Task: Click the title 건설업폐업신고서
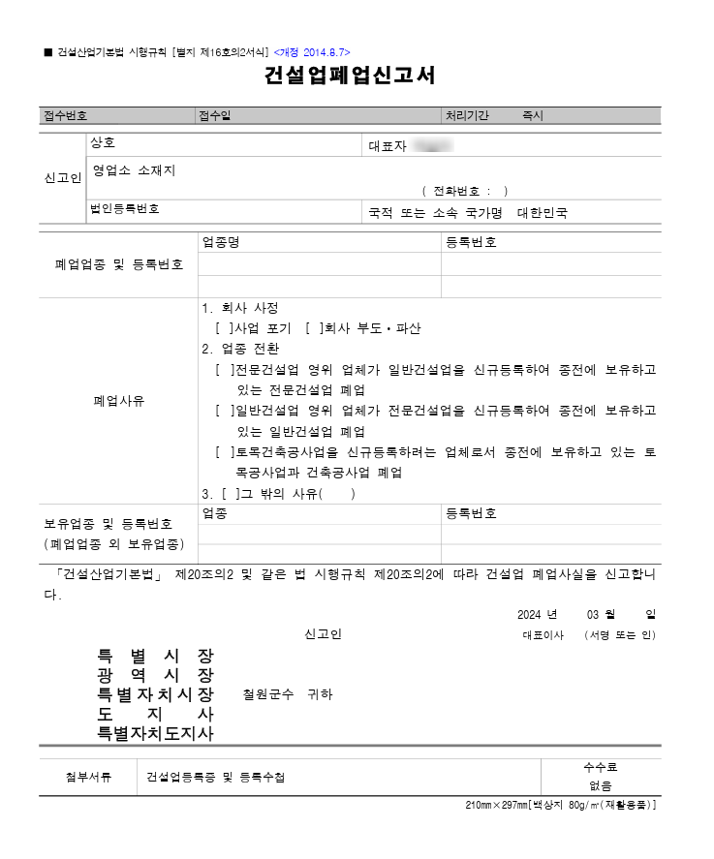pyautogui.click(x=349, y=77)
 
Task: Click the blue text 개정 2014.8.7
pyautogui.click(x=312, y=51)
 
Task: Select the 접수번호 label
pyautogui.click(x=64, y=115)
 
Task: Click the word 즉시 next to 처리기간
pyautogui.click(x=533, y=115)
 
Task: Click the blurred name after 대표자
pyautogui.click(x=432, y=146)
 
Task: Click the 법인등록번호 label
pyautogui.click(x=125, y=209)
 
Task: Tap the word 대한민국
pyautogui.click(x=543, y=212)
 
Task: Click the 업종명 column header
pyautogui.click(x=220, y=243)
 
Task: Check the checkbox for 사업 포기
pyautogui.click(x=224, y=328)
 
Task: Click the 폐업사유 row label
pyautogui.click(x=118, y=400)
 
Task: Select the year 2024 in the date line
pyautogui.click(x=528, y=615)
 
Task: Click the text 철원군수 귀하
pyautogui.click(x=288, y=694)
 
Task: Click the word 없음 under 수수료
pyautogui.click(x=601, y=786)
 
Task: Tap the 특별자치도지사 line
pyautogui.click(x=155, y=733)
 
